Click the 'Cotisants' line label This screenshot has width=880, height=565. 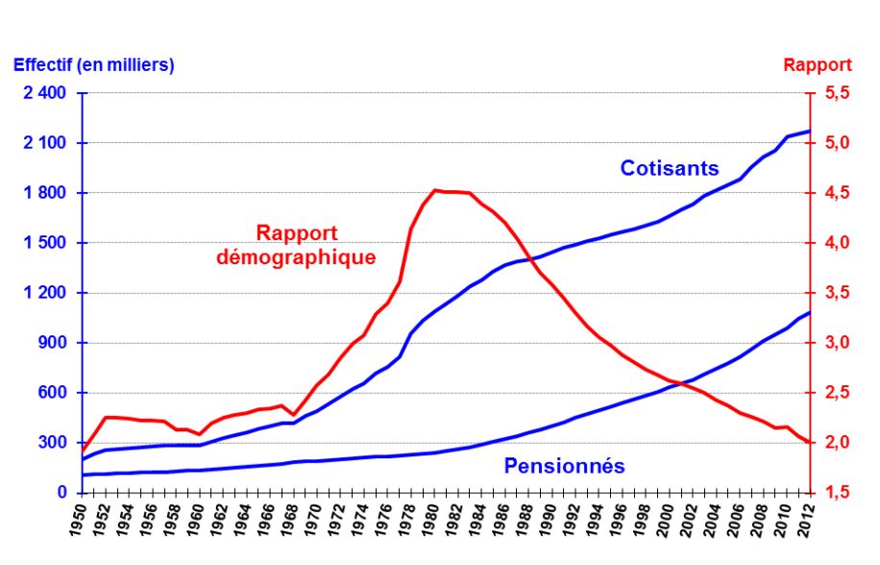pos(669,168)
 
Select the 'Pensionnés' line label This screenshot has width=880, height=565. pos(564,467)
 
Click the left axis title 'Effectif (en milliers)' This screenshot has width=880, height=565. pos(93,64)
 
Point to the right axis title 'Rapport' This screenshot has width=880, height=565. pos(818,64)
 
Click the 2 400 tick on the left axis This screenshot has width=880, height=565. pos(45,93)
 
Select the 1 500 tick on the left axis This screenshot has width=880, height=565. pos(45,243)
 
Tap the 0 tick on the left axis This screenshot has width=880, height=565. pos(61,493)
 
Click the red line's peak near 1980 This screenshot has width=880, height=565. pos(435,190)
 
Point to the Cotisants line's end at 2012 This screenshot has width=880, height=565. pos(810,131)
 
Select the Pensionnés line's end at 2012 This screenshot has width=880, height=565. pos(810,312)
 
